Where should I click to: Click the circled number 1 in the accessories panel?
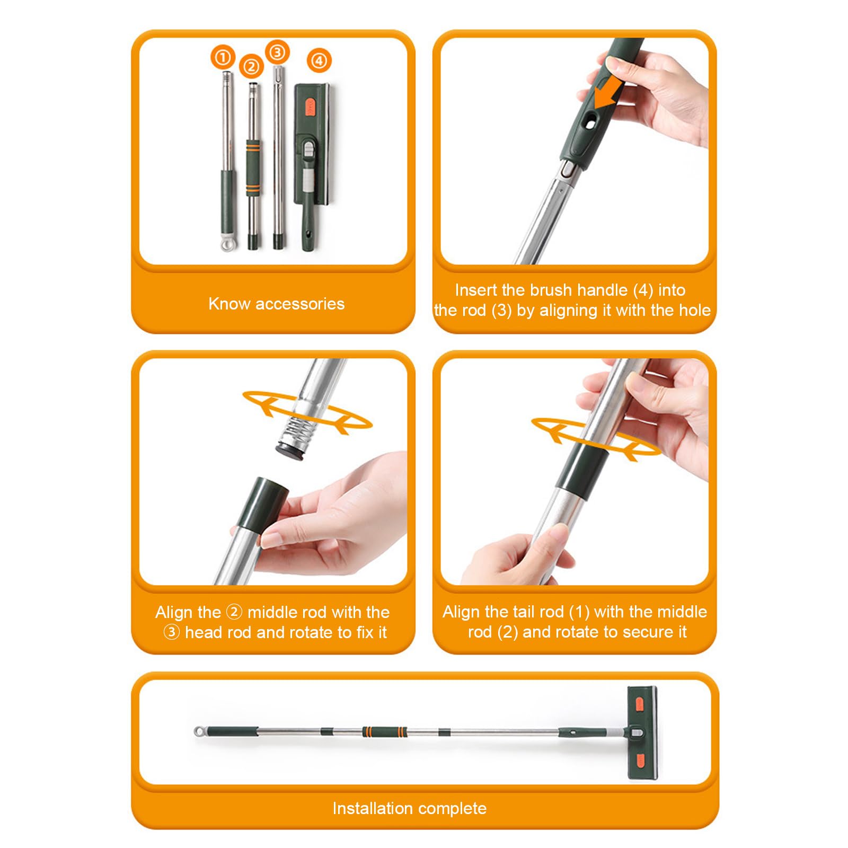coord(223,57)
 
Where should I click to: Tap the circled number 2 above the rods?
coord(251,67)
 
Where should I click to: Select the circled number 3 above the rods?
coord(277,52)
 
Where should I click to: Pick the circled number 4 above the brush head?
coord(319,60)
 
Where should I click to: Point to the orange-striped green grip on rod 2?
coord(253,168)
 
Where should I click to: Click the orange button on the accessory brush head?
coord(310,106)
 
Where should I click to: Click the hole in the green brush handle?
coord(588,123)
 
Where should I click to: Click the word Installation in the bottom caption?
coord(368,808)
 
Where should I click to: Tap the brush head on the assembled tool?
coord(642,733)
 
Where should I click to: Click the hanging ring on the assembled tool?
coord(199,732)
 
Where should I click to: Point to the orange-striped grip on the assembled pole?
coord(385,732)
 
